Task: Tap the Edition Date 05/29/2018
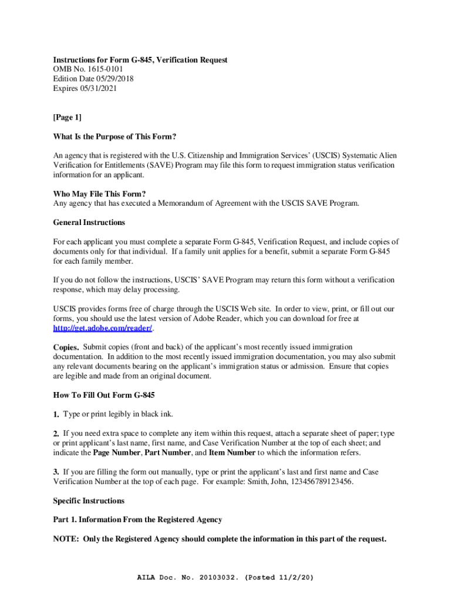[x=110, y=80]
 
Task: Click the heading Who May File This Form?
[x=99, y=194]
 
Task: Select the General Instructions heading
[x=89, y=223]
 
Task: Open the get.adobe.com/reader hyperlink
[x=103, y=328]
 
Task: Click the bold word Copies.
[x=66, y=347]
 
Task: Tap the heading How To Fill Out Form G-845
[x=104, y=395]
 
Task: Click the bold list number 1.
[x=56, y=414]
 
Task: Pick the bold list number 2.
[x=56, y=434]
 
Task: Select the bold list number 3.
[x=56, y=472]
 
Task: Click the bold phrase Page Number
[x=116, y=452]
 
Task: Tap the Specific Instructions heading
[x=89, y=501]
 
